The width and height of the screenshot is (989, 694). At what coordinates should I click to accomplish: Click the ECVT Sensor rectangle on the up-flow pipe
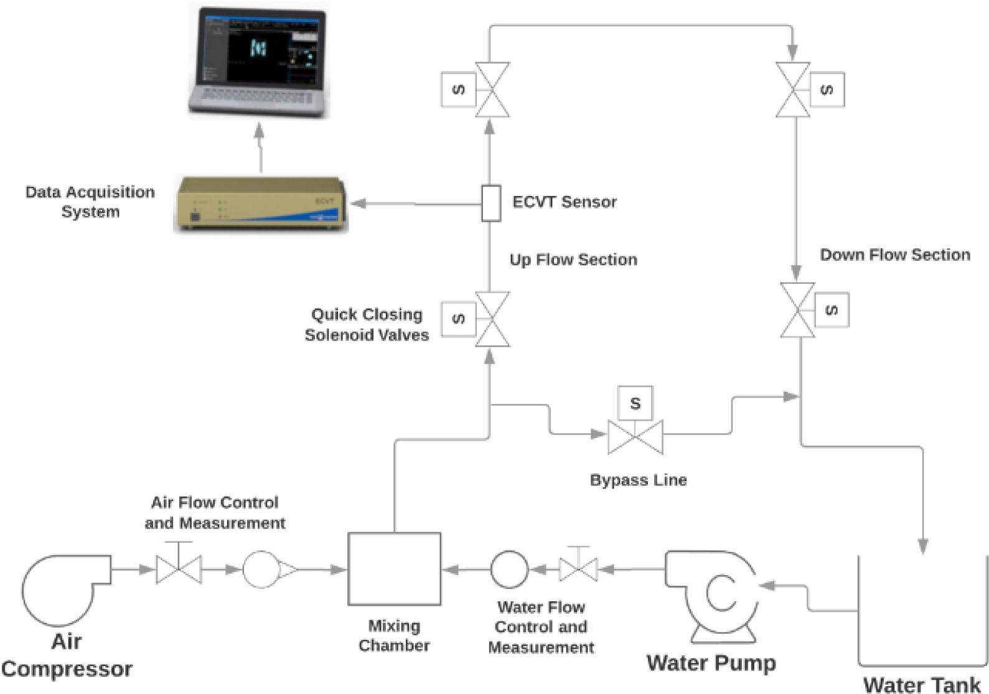(491, 203)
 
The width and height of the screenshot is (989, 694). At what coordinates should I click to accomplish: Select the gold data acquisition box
(260, 204)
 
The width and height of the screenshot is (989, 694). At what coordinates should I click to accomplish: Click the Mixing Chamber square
(394, 569)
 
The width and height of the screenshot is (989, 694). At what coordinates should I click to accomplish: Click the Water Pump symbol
(713, 594)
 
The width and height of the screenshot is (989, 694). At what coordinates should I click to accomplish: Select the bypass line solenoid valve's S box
(635, 403)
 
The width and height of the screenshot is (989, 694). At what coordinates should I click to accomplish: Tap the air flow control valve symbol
(179, 569)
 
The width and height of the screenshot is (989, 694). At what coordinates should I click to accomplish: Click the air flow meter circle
(260, 569)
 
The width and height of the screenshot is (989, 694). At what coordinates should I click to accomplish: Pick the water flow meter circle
(509, 569)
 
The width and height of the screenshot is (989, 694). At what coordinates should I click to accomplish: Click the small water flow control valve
(578, 568)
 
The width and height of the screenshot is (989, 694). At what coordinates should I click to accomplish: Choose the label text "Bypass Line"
(638, 480)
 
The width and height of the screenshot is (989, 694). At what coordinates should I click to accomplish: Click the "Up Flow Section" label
(573, 260)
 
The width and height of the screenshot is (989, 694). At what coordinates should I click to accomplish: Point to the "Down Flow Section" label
(894, 255)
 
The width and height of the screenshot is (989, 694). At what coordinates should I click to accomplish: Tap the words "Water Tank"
(921, 684)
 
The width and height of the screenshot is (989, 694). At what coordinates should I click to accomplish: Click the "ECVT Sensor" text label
(564, 202)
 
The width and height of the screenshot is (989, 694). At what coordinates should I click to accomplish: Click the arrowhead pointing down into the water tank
(923, 546)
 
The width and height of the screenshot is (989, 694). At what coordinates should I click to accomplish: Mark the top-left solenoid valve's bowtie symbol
(492, 90)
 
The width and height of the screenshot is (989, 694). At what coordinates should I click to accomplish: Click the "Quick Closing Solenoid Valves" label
(367, 324)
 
